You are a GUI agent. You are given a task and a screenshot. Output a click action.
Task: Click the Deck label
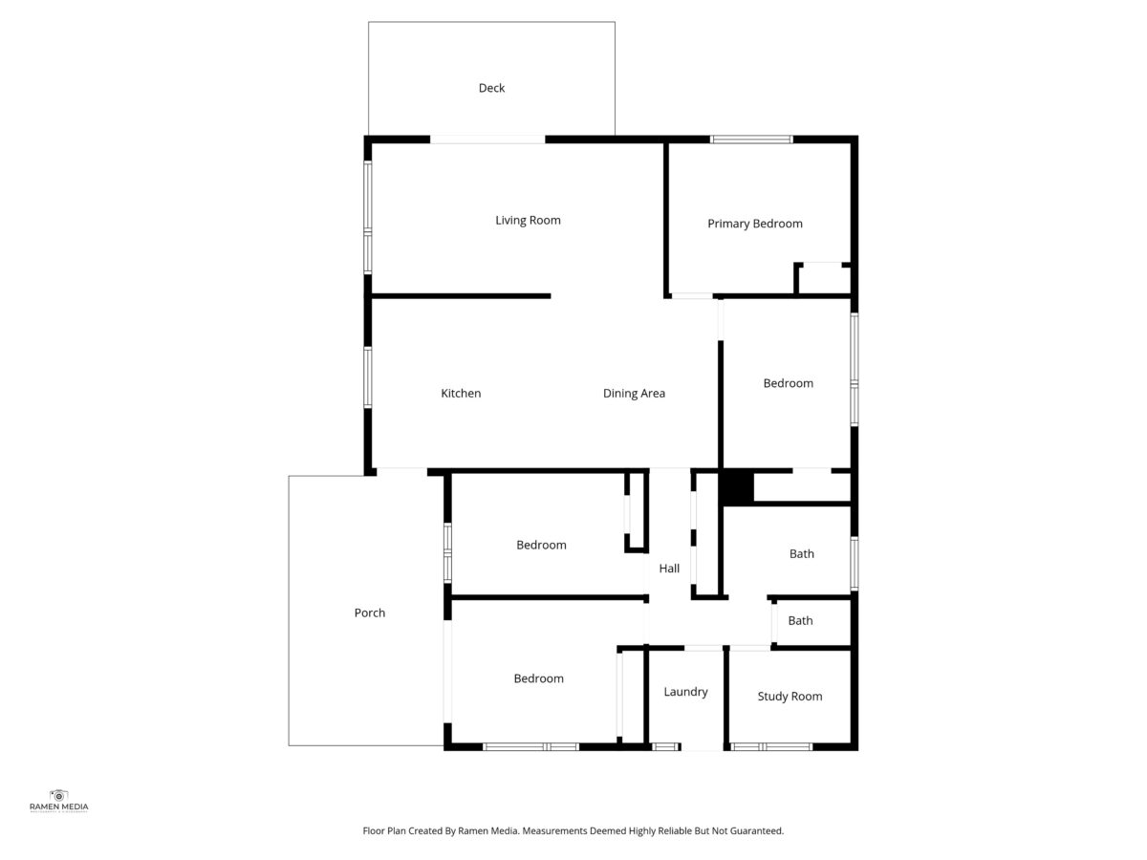tap(491, 88)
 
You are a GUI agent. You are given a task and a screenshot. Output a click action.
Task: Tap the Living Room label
tap(528, 221)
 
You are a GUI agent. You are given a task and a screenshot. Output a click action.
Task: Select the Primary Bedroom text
tap(754, 224)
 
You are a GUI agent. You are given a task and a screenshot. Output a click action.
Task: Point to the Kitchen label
tap(461, 393)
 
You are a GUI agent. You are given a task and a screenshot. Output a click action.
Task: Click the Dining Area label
tap(634, 393)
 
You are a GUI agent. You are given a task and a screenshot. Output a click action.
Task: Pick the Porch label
tap(370, 613)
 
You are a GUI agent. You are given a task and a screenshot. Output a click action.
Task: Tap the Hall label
tap(669, 569)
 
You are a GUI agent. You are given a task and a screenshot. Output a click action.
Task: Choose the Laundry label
tap(685, 692)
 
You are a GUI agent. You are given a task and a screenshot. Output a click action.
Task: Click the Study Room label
tap(790, 696)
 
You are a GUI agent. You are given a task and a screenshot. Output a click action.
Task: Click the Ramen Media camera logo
tap(58, 796)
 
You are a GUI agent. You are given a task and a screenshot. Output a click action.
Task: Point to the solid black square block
tap(737, 487)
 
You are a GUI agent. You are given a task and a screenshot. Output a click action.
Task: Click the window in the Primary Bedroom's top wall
tap(751, 140)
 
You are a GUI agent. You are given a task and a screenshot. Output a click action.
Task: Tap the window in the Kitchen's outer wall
tap(368, 377)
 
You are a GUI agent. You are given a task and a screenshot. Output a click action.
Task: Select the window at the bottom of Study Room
tap(771, 746)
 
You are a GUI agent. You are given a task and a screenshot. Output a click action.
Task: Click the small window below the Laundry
tap(665, 746)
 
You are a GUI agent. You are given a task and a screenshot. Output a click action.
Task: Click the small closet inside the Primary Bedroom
tap(823, 279)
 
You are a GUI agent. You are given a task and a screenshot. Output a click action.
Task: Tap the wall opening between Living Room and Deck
tap(487, 140)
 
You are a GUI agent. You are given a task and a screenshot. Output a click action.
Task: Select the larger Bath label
tap(802, 553)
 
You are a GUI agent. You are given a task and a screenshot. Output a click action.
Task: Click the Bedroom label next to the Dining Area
tap(788, 383)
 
